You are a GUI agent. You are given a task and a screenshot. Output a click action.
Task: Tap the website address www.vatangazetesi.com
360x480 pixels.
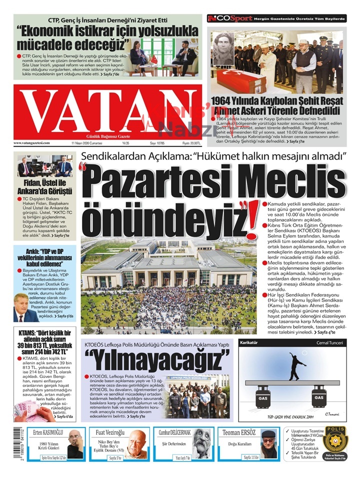tap(31, 143)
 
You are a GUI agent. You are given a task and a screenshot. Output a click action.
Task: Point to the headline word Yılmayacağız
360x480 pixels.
tap(157, 359)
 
